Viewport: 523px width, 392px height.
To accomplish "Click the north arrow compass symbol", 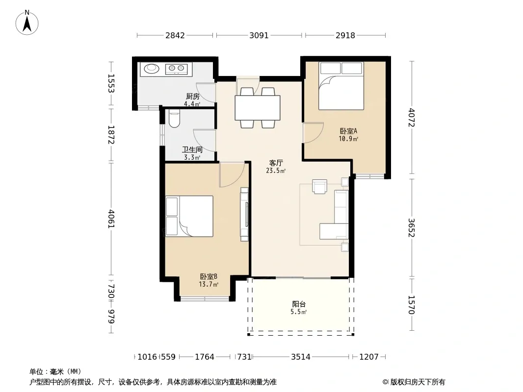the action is click(x=27, y=23).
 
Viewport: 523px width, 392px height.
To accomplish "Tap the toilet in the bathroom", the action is click(x=174, y=119).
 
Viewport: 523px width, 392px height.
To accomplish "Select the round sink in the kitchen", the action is click(x=152, y=68).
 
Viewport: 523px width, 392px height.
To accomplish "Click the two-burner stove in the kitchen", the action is click(x=177, y=69).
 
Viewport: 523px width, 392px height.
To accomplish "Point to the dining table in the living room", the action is click(x=258, y=108).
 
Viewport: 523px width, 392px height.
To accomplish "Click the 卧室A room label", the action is click(x=348, y=131).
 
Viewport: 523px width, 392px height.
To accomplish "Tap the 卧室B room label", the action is click(x=209, y=276).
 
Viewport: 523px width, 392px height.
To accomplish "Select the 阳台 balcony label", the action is click(x=299, y=304).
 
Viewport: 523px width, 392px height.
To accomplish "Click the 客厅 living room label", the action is click(x=276, y=163).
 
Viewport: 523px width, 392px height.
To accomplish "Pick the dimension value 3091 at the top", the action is click(x=259, y=35).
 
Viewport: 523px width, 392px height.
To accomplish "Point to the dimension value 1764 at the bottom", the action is click(x=205, y=357).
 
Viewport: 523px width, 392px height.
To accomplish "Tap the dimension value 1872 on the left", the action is click(x=111, y=135).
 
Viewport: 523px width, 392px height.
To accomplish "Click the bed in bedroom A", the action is click(x=341, y=86).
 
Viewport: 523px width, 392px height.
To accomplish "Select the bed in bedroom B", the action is click(x=189, y=216).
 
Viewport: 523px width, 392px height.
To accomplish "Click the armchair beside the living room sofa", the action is click(x=319, y=187).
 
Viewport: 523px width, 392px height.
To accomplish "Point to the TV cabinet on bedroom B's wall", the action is click(x=244, y=214).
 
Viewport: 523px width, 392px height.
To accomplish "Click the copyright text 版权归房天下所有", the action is click(x=418, y=382).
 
